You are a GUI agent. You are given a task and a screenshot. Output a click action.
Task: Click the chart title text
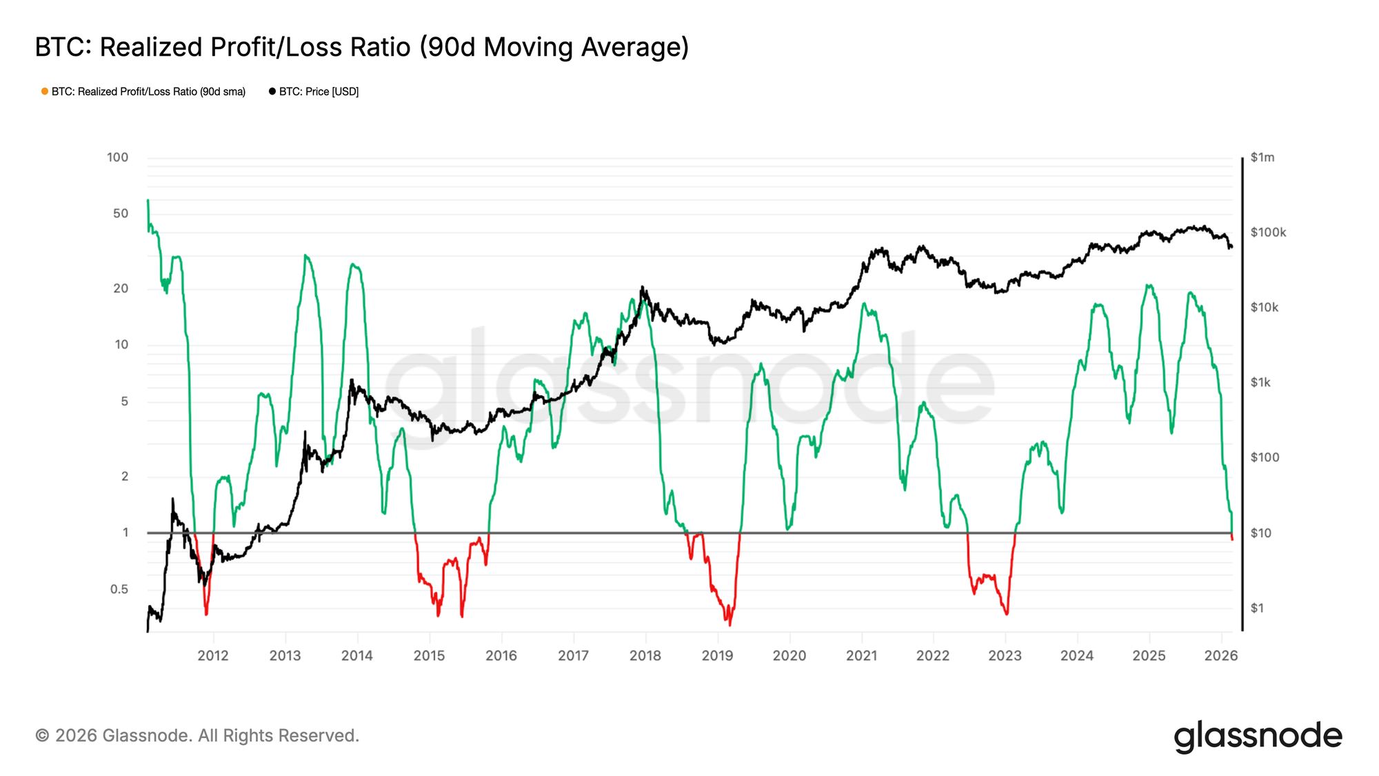point(362,48)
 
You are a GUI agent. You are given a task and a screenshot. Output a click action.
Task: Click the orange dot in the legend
point(45,91)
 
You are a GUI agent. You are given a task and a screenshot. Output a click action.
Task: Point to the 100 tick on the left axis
point(117,157)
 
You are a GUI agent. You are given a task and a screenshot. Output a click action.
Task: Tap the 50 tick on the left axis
point(121,214)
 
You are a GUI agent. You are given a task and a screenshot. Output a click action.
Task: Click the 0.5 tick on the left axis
point(119,589)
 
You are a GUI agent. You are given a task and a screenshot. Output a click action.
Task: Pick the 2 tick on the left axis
point(125,477)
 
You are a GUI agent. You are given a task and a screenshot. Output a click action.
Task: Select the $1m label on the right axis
point(1262,157)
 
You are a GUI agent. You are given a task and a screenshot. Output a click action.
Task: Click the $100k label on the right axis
point(1268,232)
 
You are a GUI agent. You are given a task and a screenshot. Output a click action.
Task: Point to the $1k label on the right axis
point(1260,383)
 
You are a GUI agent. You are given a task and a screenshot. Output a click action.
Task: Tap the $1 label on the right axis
point(1257,608)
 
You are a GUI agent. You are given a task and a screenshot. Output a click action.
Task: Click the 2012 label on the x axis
point(213,656)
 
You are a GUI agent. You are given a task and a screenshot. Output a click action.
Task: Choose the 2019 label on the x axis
point(717,656)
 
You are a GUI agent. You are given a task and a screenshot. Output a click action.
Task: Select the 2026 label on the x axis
point(1221,656)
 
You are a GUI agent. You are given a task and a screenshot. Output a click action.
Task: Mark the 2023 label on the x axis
point(1005,656)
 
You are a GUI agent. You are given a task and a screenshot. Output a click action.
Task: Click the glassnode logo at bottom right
point(1258,736)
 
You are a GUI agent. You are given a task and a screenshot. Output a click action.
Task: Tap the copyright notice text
point(197,736)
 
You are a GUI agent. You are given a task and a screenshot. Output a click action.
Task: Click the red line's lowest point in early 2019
point(729,625)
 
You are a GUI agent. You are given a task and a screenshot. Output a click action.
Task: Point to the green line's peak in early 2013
point(305,255)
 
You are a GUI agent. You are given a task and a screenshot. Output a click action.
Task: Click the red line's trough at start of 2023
point(1007,614)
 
